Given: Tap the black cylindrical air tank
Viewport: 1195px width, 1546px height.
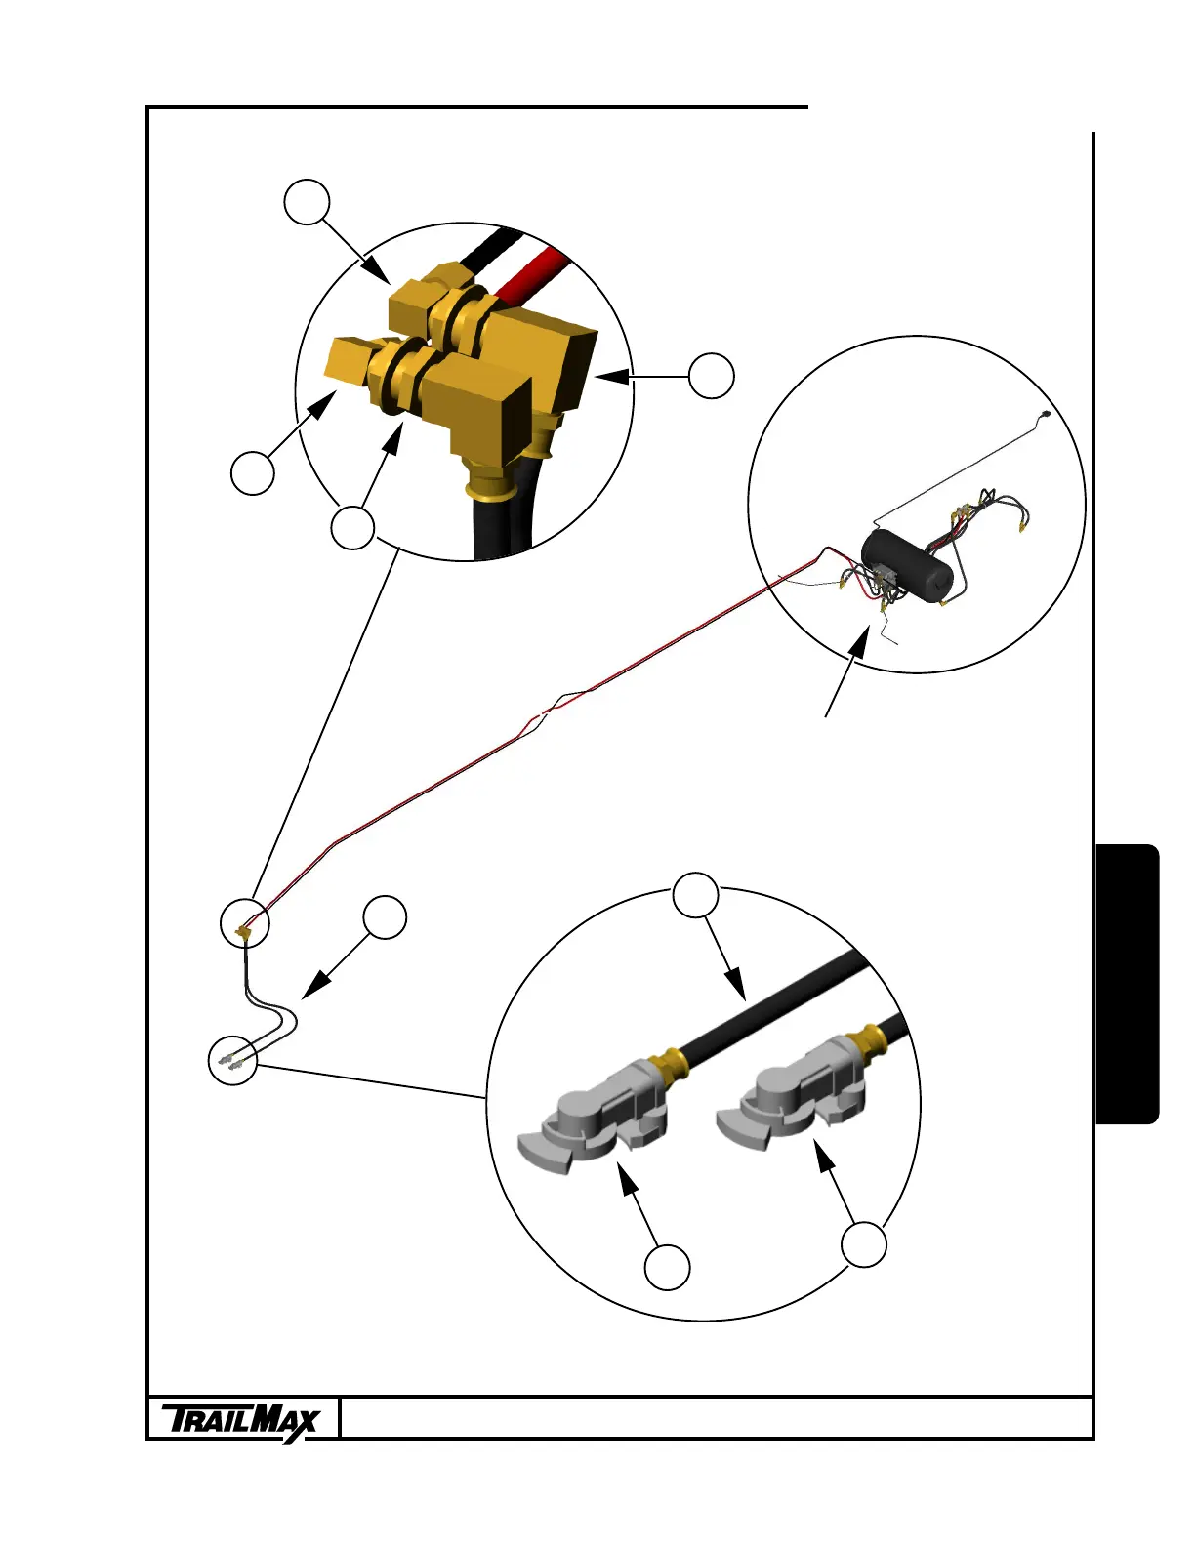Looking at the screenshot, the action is (907, 564).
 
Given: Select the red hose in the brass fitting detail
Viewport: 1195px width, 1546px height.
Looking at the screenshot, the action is (532, 273).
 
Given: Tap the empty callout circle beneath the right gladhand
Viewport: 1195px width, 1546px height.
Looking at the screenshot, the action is (865, 1244).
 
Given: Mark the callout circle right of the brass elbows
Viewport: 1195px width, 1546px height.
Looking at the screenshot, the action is (712, 376).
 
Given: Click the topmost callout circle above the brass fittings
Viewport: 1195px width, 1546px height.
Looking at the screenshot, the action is (307, 202).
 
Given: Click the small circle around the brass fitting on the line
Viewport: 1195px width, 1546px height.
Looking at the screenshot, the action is (244, 922).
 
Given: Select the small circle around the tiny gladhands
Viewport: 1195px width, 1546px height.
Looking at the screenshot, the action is (233, 1060).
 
